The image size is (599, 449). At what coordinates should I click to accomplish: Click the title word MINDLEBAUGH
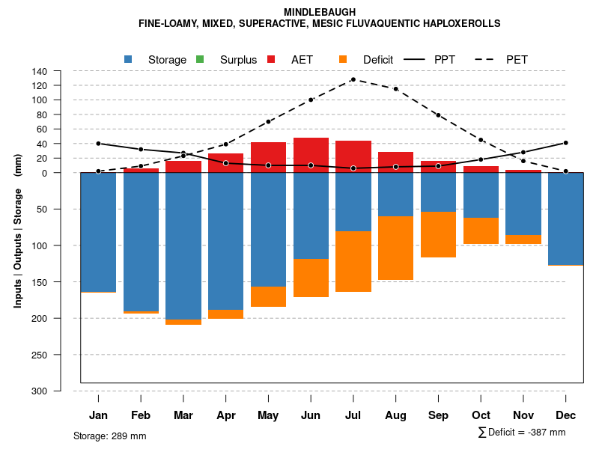pos(320,12)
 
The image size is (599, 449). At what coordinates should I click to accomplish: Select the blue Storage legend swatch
pos(129,59)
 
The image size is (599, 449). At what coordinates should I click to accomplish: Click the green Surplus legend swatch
pos(200,59)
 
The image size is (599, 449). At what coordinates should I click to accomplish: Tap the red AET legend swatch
pos(272,59)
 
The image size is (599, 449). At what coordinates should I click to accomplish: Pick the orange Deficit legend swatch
pos(343,59)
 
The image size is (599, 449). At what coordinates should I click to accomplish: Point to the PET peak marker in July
pos(353,79)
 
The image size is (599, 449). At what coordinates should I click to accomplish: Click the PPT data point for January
pos(98,144)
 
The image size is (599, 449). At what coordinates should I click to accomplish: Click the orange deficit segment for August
pos(395,248)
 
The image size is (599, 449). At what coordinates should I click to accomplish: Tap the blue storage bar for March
pos(183,246)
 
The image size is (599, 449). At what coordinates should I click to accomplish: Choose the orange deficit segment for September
pos(438,234)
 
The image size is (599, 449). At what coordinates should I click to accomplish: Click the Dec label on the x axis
pos(565,415)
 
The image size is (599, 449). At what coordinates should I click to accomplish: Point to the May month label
pos(268,415)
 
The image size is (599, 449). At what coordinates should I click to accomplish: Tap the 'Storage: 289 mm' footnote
pos(110,436)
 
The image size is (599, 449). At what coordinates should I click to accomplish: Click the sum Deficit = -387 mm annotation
pos(522,432)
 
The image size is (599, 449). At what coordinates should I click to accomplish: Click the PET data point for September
pos(438,115)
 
